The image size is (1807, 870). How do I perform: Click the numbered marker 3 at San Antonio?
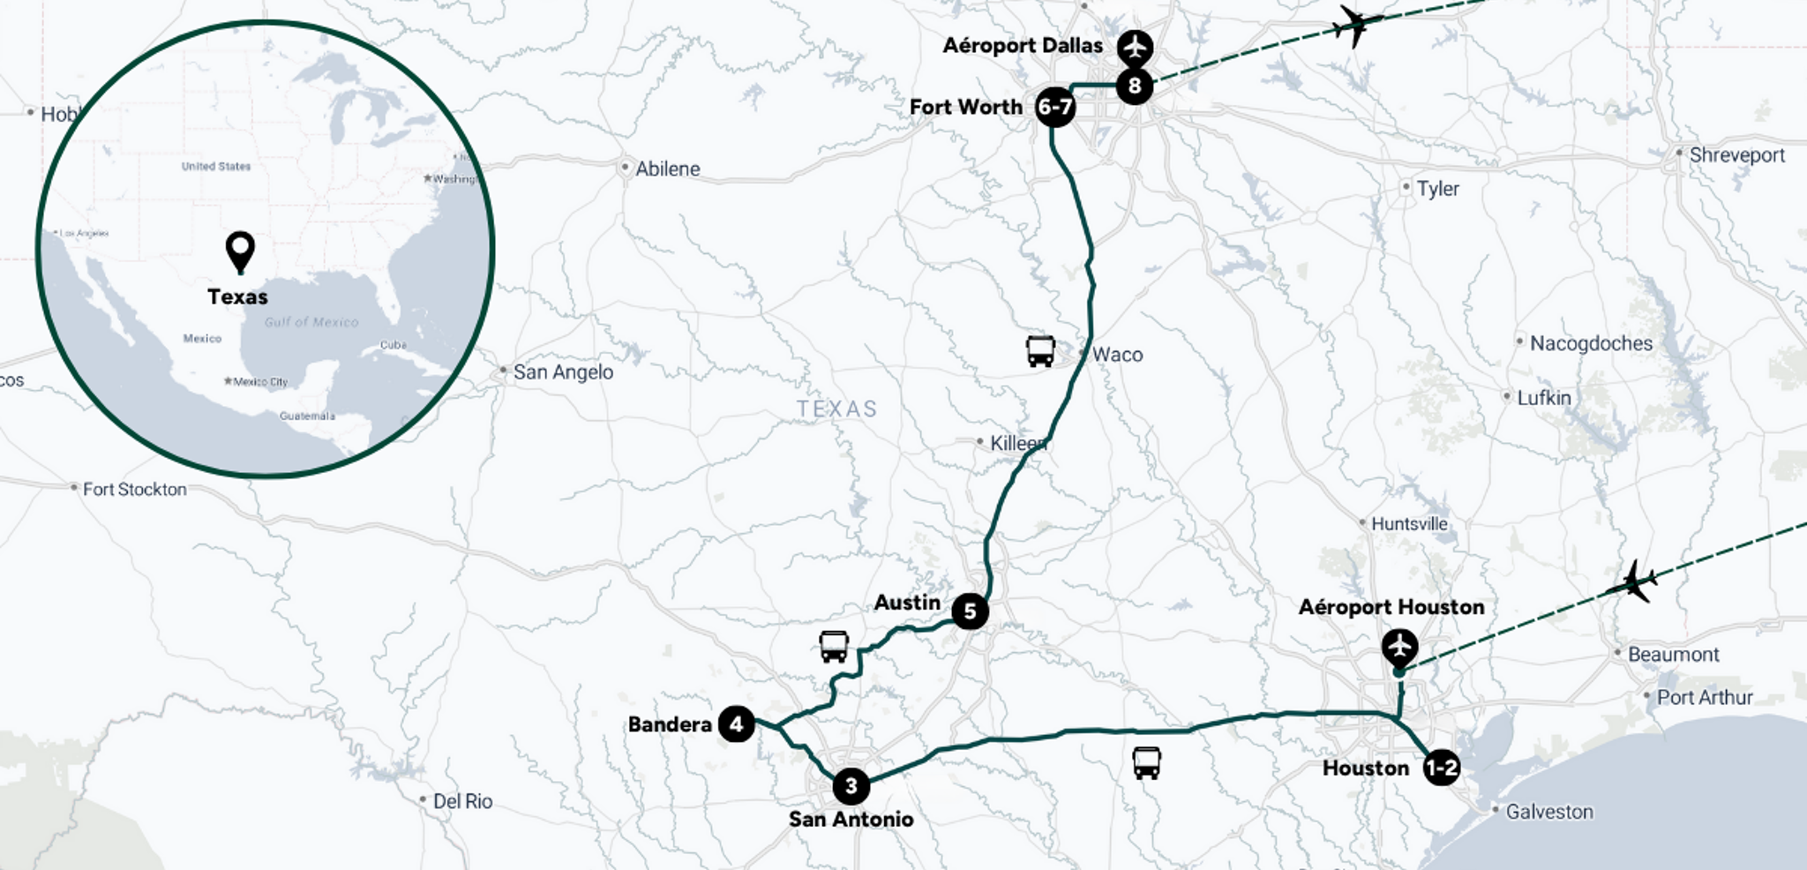click(x=851, y=785)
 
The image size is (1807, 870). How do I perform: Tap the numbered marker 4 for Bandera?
click(x=736, y=724)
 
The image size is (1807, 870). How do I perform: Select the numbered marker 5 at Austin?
click(x=969, y=611)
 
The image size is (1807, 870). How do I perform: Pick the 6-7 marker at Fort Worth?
click(x=1054, y=108)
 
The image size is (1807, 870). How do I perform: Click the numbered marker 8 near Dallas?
click(x=1134, y=86)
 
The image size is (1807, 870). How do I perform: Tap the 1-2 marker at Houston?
click(x=1441, y=768)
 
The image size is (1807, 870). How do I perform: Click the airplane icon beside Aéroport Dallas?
click(x=1135, y=47)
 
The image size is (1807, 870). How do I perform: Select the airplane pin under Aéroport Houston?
click(x=1399, y=648)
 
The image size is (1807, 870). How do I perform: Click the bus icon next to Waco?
click(x=1040, y=350)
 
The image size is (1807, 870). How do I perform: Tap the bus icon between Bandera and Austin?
click(x=834, y=646)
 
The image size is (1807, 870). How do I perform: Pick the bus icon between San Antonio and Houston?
click(x=1146, y=762)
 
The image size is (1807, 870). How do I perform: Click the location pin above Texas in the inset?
click(x=240, y=251)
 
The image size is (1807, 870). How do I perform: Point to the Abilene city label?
click(x=667, y=169)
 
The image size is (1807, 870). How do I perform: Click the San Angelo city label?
click(x=563, y=371)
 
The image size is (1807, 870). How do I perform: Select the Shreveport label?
click(x=1736, y=155)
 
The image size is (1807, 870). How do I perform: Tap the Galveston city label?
click(x=1548, y=812)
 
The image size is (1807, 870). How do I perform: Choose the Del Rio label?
click(x=461, y=801)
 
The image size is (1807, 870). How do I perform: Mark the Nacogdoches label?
click(x=1590, y=343)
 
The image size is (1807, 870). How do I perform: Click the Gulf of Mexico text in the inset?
click(x=311, y=322)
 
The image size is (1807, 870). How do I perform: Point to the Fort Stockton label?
click(x=134, y=489)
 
